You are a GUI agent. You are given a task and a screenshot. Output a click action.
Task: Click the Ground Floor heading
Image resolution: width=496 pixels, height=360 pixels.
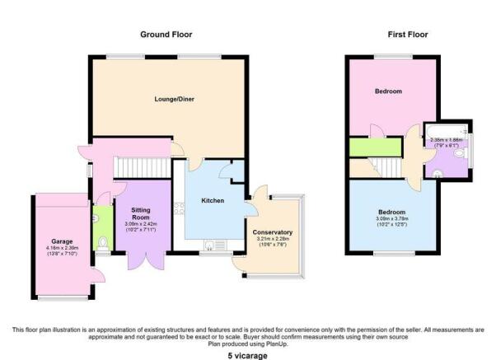(x=166, y=35)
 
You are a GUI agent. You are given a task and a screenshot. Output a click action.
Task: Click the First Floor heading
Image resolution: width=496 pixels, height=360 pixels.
(x=408, y=35)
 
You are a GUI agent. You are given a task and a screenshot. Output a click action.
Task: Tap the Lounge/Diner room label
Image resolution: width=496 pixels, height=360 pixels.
(x=175, y=99)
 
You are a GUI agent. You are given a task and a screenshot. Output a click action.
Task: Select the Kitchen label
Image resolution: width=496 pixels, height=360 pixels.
(x=213, y=200)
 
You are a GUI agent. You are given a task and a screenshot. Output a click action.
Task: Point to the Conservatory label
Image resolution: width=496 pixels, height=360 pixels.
(x=273, y=232)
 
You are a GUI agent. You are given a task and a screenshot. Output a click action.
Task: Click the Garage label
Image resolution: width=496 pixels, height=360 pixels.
(x=62, y=241)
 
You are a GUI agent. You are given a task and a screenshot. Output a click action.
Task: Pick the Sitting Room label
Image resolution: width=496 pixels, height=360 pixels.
(x=141, y=214)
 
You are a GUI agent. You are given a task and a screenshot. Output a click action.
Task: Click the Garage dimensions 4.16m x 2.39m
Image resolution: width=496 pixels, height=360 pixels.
(x=62, y=248)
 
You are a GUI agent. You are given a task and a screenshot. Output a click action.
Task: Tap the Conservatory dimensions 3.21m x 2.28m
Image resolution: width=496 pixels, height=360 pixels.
(x=273, y=239)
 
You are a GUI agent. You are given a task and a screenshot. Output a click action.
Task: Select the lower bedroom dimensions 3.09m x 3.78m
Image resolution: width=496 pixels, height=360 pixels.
(x=392, y=218)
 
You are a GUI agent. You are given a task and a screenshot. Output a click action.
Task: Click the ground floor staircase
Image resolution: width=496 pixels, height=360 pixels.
(x=143, y=168)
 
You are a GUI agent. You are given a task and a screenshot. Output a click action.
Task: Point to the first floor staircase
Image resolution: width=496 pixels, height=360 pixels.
(x=386, y=168)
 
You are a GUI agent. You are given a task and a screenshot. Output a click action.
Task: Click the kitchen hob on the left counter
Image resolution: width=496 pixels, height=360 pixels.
(x=179, y=208)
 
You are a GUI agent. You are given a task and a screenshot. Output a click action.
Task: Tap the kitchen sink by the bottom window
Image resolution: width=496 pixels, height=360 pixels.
(x=215, y=245)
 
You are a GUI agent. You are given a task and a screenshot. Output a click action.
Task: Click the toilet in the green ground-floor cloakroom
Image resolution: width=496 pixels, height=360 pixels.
(x=103, y=244)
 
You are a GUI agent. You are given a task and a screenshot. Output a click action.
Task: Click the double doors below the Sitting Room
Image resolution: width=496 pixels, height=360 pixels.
(x=146, y=261)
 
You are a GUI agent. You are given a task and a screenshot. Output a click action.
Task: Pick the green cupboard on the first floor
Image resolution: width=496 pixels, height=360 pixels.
(x=376, y=147)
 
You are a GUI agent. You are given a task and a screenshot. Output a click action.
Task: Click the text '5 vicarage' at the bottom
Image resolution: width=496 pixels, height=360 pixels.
(x=248, y=356)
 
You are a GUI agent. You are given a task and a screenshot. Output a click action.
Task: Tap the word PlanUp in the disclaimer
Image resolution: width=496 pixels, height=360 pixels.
(x=278, y=344)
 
